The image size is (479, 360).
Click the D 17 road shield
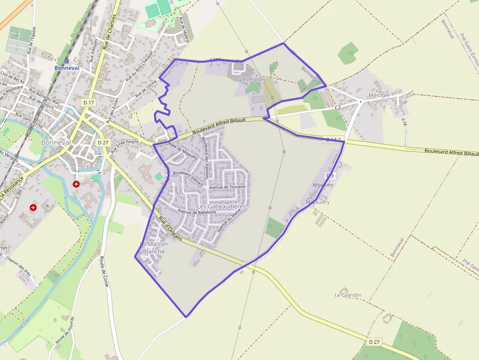[87, 103]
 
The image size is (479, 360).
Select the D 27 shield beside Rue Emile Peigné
[103, 142]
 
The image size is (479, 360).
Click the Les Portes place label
[252, 79]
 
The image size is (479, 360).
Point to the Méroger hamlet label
[379, 95]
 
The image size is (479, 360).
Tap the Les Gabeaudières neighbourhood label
[221, 207]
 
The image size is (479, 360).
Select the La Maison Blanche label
[153, 248]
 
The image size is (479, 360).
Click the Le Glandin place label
[348, 295]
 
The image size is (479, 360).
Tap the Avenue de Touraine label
[227, 187]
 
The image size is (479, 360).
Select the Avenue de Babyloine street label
[197, 212]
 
